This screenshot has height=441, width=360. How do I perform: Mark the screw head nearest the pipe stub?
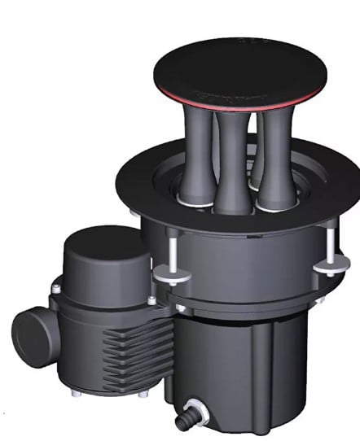[x=55, y=289]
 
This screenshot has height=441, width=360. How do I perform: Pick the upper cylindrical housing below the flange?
[x=244, y=260]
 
